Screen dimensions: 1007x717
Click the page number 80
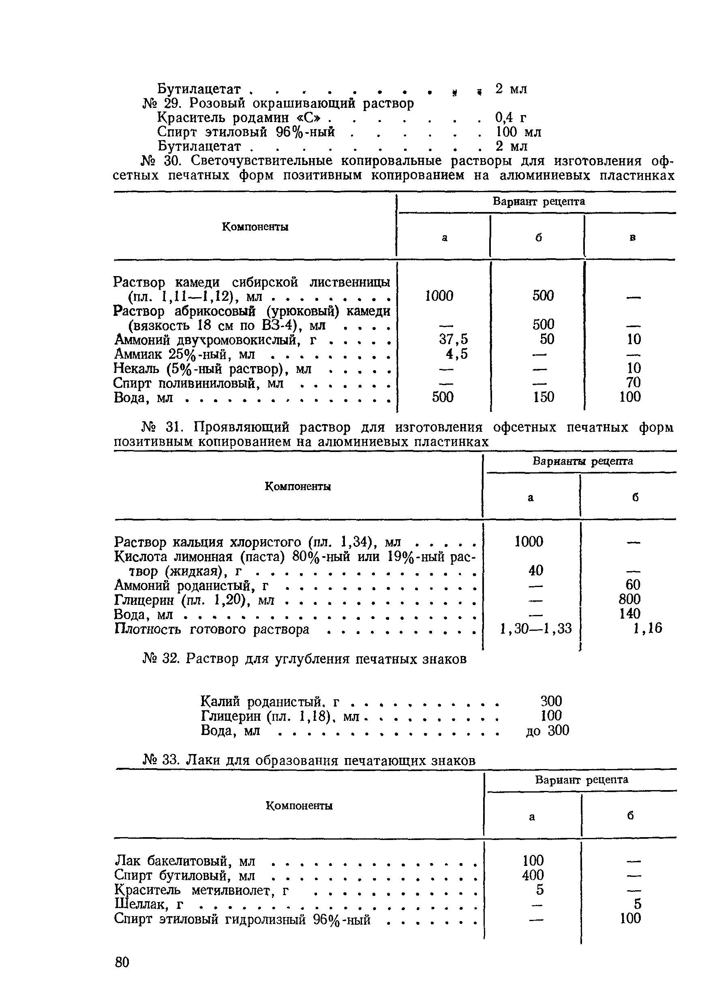pos(122,961)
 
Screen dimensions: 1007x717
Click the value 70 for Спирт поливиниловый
pos(633,382)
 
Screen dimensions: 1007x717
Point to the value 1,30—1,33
pos(535,628)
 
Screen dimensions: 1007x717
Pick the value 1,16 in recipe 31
pos(647,628)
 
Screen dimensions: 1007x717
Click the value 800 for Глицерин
pos(629,599)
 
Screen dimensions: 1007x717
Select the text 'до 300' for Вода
pos(548,730)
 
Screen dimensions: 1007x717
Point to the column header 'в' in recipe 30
pos(632,238)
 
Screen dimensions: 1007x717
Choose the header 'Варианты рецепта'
pos(583,461)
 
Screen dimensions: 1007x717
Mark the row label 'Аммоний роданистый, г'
pos(192,585)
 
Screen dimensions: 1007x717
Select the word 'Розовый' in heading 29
pos(219,103)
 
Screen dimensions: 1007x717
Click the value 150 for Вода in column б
pos(543,397)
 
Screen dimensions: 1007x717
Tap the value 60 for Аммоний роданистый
pos(633,585)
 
